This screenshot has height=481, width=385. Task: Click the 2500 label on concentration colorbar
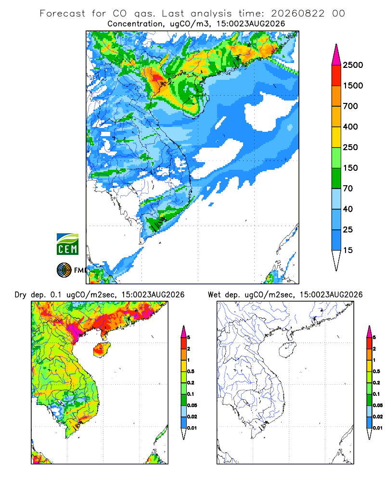click(353, 65)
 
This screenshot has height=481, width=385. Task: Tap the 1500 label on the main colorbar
click(353, 86)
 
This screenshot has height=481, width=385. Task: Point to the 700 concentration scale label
click(350, 106)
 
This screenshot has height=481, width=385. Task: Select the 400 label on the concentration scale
click(350, 127)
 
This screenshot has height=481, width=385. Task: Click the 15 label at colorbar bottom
click(348, 250)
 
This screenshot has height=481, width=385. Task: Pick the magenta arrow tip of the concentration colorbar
click(336, 55)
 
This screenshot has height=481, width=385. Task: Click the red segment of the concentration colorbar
click(336, 76)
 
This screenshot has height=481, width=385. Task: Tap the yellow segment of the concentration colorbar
click(336, 137)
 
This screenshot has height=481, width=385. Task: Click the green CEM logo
click(67, 244)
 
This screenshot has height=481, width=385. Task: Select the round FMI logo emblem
click(64, 270)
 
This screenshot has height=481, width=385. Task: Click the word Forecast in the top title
click(63, 13)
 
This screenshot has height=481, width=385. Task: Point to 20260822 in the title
click(297, 13)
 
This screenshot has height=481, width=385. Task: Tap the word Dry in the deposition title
click(21, 295)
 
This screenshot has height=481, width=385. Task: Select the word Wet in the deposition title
click(214, 295)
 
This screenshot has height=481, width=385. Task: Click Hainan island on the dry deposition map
click(102, 350)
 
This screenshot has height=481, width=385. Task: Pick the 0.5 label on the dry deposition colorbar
click(191, 371)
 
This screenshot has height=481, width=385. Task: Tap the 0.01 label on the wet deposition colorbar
click(378, 428)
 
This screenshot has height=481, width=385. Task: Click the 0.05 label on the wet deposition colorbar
click(378, 405)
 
